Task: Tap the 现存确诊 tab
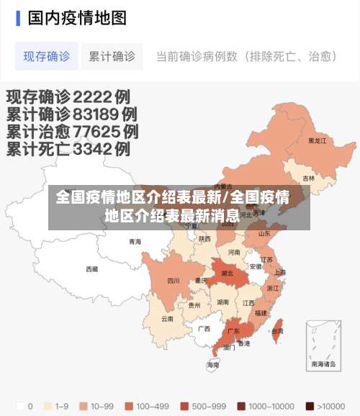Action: click(47, 55)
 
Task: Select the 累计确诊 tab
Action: click(112, 55)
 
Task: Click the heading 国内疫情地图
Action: click(77, 17)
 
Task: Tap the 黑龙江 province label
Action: click(317, 141)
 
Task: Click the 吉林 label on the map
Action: click(308, 178)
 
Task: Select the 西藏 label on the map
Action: click(92, 269)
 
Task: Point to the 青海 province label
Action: click(135, 242)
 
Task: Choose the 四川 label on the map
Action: click(174, 281)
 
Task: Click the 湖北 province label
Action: click(228, 273)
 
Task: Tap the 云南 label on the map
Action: click(167, 318)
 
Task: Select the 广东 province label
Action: click(233, 332)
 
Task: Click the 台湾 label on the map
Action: click(276, 331)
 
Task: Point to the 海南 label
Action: click(213, 365)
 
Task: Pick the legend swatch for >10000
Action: click(310, 405)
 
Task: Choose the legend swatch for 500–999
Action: click(185, 405)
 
